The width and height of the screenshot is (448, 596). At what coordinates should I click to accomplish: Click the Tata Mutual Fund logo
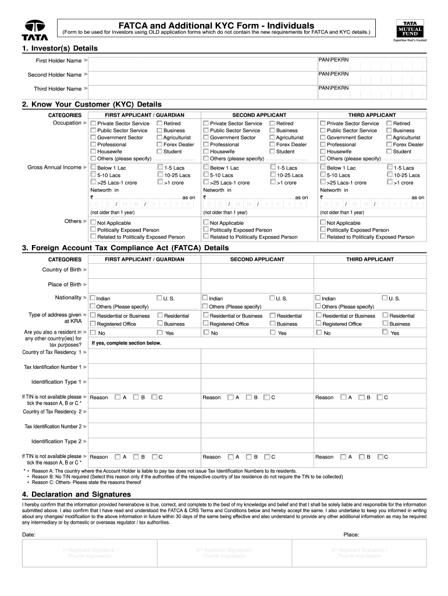coord(410,27)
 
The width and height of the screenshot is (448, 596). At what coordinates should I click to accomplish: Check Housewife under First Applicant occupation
coord(93,151)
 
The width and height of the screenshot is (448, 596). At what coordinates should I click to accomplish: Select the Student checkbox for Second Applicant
coord(272,151)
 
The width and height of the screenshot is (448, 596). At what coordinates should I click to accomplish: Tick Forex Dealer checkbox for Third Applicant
coord(389,144)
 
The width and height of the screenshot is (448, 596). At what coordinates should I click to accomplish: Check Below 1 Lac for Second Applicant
coord(206,168)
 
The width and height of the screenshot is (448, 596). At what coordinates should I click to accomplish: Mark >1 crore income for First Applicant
coord(160,182)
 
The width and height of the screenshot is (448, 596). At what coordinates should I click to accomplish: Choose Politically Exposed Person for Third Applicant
coord(323,230)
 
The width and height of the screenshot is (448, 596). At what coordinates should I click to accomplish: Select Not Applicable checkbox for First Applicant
coord(93,223)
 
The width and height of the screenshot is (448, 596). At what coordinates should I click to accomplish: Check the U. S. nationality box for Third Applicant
coord(385,298)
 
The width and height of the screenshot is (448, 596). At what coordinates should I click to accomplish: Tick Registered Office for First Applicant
coord(93,324)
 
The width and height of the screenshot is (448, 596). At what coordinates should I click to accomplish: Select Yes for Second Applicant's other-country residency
coord(272,333)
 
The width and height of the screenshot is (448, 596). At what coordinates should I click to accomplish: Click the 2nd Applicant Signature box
coord(224,553)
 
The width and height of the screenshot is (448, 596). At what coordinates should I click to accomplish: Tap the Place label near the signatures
coord(351,534)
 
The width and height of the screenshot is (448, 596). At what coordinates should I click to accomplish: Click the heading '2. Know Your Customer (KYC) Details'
coord(91,104)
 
